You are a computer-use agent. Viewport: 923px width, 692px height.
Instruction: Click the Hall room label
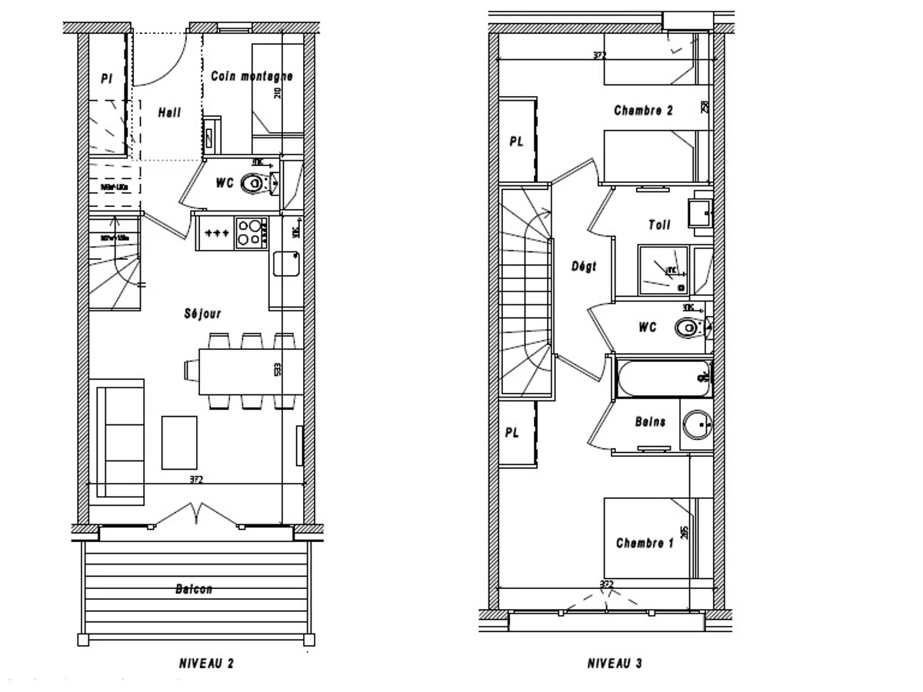pos(169,113)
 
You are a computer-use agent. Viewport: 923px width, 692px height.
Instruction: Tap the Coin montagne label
pos(252,77)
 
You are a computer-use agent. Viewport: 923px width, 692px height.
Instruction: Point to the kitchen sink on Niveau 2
pos(286,263)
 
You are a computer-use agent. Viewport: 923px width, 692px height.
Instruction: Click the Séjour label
pos(203,314)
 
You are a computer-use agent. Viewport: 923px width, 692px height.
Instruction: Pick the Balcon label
pos(193,590)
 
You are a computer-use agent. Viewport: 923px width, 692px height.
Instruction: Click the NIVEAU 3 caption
pos(615,663)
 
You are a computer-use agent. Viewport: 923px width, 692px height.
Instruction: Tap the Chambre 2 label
pos(643,111)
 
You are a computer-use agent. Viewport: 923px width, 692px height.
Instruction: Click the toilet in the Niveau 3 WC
pos(688,328)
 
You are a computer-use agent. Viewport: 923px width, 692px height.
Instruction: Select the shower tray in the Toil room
pos(663,269)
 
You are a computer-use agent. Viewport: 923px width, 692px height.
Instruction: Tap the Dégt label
pos(584,267)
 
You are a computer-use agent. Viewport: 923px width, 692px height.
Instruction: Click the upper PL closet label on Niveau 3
pos(516,142)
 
